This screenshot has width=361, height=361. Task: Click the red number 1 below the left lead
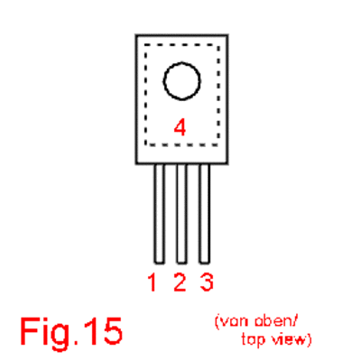(153, 282)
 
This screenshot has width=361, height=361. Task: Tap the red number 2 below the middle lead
(180, 282)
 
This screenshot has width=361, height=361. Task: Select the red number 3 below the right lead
(207, 282)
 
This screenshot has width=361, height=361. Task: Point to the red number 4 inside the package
(180, 127)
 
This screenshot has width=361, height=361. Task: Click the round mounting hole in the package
(182, 63)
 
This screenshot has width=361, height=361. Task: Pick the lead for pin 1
(160, 214)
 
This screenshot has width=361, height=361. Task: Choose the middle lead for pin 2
(182, 214)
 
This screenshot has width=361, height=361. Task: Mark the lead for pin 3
(205, 214)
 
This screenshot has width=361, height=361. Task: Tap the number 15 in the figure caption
(102, 331)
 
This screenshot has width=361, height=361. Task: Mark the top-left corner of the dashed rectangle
(145, 45)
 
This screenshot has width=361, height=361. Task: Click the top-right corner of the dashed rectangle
(218, 45)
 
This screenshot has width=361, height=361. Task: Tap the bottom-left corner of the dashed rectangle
(145, 145)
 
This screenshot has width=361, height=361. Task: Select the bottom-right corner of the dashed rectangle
(218, 145)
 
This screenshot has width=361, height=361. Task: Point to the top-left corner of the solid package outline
(136, 35)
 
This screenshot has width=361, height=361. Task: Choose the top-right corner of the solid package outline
(227, 35)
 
